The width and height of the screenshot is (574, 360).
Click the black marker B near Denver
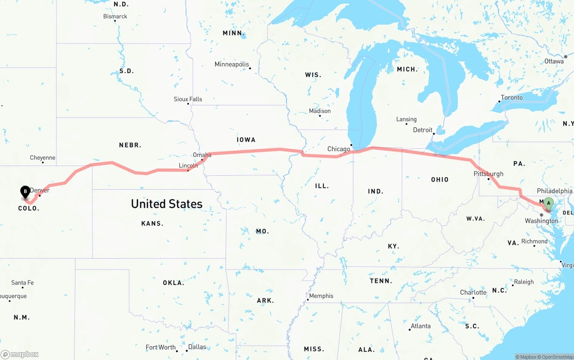pyautogui.click(x=26, y=192)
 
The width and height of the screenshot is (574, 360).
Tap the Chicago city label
pyautogui.click(x=339, y=149)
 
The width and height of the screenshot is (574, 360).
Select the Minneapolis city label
pyautogui.click(x=231, y=65)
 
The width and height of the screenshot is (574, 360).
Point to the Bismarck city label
pyautogui.click(x=115, y=17)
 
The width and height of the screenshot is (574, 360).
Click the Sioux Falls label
pyautogui.click(x=188, y=99)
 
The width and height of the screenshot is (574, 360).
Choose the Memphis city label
pyautogui.click(x=321, y=296)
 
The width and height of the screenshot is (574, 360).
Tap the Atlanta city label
pyautogui.click(x=421, y=326)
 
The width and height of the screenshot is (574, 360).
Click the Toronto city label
pyautogui.click(x=512, y=98)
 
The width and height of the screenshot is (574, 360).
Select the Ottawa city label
pyautogui.click(x=554, y=61)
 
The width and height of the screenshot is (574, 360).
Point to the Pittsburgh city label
pyautogui.click(x=488, y=174)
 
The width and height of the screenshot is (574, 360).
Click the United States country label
pyautogui.click(x=167, y=204)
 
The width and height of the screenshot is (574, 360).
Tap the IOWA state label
pyautogui.click(x=246, y=140)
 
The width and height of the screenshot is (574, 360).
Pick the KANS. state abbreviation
pyautogui.click(x=152, y=223)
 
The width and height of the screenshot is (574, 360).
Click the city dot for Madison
pyautogui.click(x=320, y=116)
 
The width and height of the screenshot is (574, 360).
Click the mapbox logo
pyautogui.click(x=20, y=354)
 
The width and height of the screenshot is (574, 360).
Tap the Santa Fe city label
pyautogui.click(x=22, y=283)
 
